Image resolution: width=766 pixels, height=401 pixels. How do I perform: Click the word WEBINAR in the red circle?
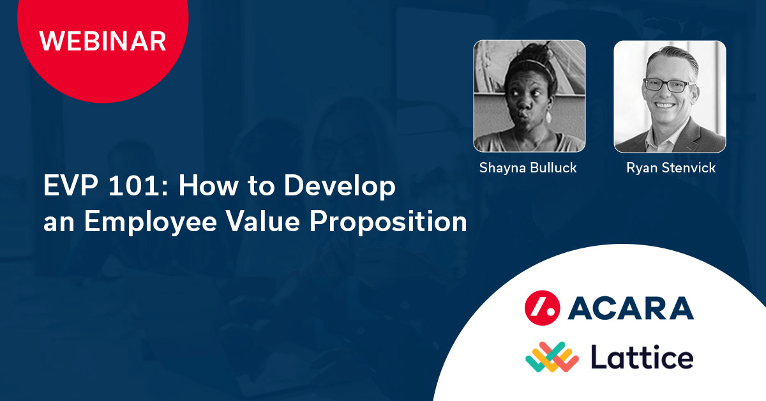coord(103,41)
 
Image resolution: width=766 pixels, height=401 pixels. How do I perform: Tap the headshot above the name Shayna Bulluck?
coord(529,96)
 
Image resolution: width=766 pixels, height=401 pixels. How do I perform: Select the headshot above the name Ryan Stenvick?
coord(670,96)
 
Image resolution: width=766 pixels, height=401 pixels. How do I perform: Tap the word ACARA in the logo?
coord(631,308)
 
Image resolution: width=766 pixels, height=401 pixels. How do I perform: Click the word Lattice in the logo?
coord(642,357)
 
